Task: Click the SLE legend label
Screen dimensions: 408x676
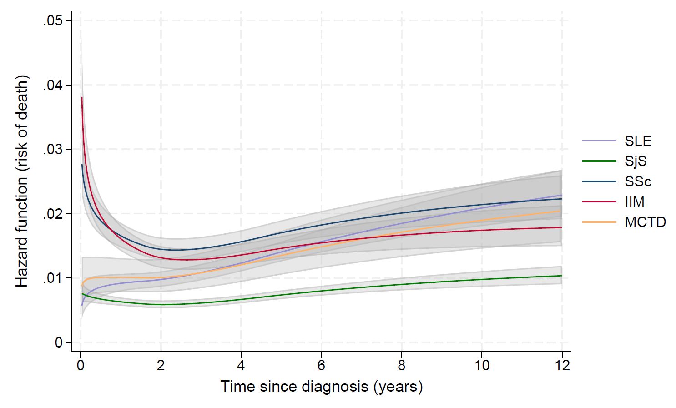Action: coord(638,141)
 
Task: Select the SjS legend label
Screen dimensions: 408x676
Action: coord(636,161)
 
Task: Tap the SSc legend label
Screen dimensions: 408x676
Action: coord(638,181)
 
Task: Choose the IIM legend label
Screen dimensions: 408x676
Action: coord(635,201)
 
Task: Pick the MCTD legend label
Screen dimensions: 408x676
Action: coord(645,222)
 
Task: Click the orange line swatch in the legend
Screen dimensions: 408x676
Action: coord(599,222)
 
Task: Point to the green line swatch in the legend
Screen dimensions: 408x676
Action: coord(599,161)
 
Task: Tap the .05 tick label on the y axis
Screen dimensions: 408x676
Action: coord(53,21)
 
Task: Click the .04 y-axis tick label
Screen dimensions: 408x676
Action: coord(53,86)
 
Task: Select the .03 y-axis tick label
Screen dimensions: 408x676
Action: coord(53,150)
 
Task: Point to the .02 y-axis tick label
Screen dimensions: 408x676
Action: coord(53,214)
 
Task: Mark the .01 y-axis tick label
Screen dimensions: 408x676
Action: coord(53,278)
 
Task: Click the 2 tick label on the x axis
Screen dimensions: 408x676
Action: coord(161,365)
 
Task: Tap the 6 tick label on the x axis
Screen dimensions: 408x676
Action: coord(321,365)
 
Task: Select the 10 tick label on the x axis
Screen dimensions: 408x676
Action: coord(482,365)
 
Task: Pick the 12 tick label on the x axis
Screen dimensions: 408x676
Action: coord(562,365)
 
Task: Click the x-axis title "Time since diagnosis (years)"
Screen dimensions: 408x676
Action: coord(321,387)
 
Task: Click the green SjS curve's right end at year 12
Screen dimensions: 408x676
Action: coord(561,276)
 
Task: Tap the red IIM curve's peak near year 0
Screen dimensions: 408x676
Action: coord(82,97)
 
